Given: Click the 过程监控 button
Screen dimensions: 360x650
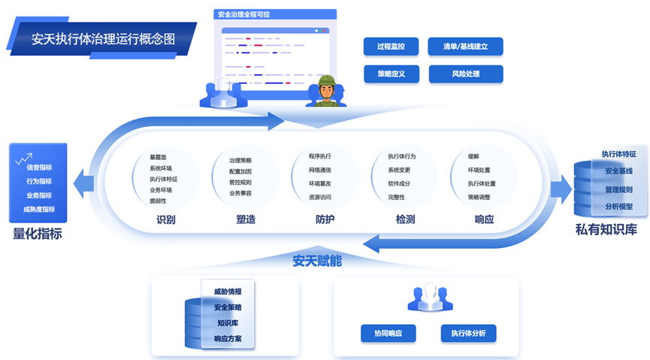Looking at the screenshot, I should point(391,47).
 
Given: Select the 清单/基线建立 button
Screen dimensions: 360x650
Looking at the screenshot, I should point(465,47).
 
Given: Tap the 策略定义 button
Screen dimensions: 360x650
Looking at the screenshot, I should point(391,74).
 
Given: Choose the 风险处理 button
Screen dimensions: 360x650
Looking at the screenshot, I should point(465,74).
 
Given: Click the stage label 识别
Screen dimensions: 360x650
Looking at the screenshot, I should point(166,220).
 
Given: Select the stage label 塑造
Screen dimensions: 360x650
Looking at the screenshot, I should point(245,220).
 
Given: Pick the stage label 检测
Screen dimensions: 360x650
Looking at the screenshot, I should point(405,220).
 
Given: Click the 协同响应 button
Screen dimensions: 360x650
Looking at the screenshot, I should point(388,333).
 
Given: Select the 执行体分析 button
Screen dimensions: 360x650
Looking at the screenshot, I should point(468,333).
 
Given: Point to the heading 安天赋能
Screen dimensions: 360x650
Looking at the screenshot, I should point(316,261).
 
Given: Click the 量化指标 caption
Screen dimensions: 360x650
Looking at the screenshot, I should point(38,234).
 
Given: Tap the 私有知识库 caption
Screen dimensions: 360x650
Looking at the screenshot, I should point(606,230).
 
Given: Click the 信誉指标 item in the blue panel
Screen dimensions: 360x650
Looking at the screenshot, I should point(40,168).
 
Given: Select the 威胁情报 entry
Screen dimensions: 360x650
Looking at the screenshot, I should point(228,291).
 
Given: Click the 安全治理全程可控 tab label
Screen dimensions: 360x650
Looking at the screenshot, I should point(244,14).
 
